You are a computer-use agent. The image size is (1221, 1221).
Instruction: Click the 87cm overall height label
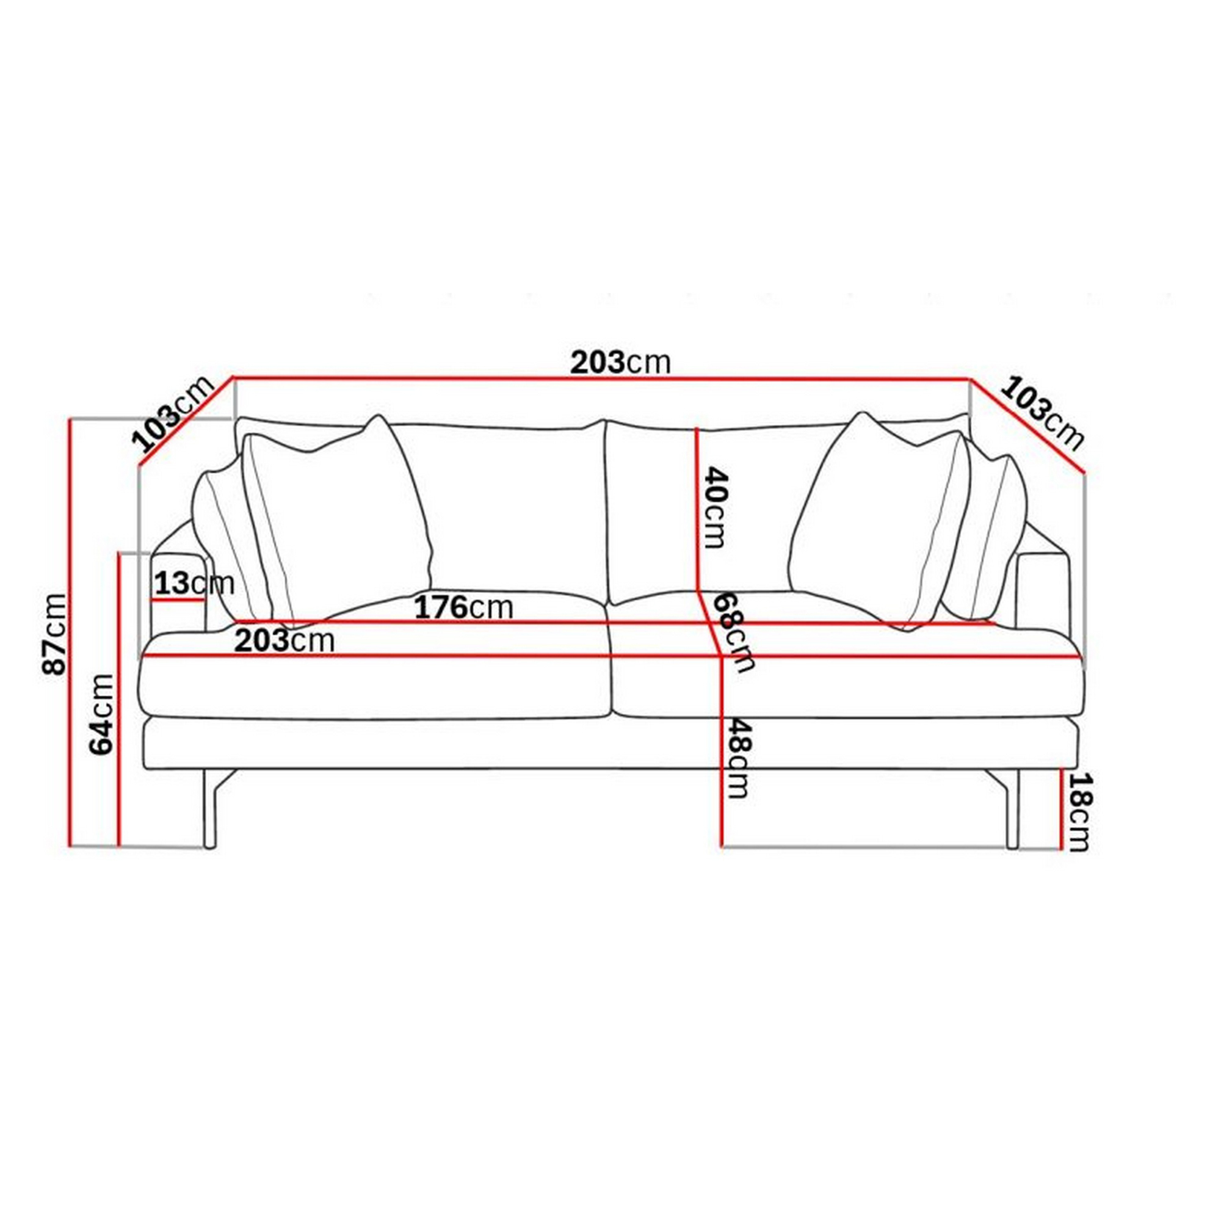[55, 634]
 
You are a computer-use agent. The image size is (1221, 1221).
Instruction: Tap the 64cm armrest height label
[102, 714]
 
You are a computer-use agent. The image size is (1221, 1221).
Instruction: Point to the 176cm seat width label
[463, 608]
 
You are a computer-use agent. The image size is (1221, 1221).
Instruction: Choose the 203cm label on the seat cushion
[284, 642]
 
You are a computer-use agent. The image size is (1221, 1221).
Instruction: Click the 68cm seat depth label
[733, 632]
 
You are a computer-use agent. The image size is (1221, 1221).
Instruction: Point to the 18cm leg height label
[1079, 813]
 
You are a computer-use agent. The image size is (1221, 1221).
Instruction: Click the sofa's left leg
[211, 812]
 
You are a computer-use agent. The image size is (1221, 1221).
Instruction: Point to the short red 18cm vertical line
[1061, 810]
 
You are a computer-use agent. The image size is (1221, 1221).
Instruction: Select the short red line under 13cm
[179, 600]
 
